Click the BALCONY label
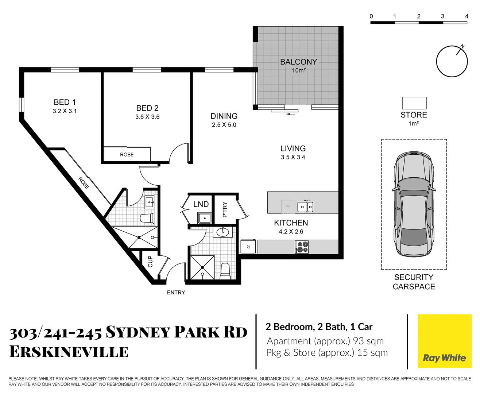[298, 62]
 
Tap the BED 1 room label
[65, 103]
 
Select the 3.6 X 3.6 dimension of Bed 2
[147, 117]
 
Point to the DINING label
[224, 116]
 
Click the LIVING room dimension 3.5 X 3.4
[293, 157]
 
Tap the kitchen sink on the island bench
[305, 207]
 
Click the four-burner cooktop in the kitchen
[302, 247]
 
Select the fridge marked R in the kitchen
[248, 247]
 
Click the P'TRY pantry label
[225, 209]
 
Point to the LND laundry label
[201, 204]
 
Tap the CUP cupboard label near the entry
[150, 262]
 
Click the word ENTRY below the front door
[176, 293]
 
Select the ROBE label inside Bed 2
[127, 155]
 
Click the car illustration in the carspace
[414, 204]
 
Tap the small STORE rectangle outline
[414, 103]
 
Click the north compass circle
[452, 61]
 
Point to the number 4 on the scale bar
[467, 16]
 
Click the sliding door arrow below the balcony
[291, 114]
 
